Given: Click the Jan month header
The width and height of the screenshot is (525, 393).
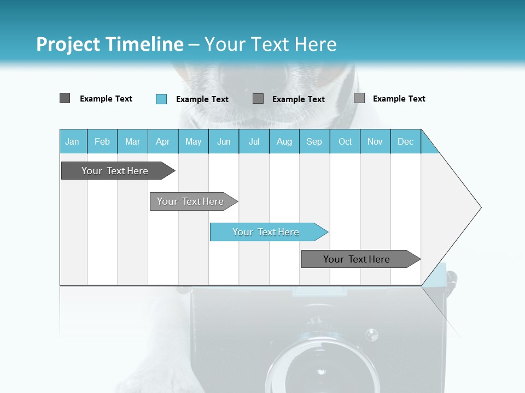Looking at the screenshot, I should (x=72, y=141).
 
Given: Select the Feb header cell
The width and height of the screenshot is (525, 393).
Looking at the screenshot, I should (x=102, y=141).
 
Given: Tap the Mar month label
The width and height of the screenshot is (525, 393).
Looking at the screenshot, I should (x=132, y=141).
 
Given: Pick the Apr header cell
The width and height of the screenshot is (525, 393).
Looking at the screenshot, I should (x=162, y=141).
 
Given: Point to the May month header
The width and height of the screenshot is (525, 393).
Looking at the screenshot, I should (x=193, y=141).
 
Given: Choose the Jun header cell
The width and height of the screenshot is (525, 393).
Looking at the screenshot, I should (x=224, y=141).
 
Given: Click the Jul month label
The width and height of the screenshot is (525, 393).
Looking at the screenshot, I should (x=254, y=141).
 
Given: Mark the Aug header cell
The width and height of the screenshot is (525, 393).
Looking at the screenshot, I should (x=284, y=141).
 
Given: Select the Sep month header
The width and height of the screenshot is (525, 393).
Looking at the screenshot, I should (x=314, y=141).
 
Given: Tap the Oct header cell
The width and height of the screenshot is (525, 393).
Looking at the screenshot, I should (x=345, y=141).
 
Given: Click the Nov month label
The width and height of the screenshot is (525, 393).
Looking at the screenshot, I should (x=375, y=141).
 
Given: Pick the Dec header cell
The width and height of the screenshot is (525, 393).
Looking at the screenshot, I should (x=406, y=141).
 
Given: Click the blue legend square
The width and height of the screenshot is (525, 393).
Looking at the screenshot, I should (x=161, y=99).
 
